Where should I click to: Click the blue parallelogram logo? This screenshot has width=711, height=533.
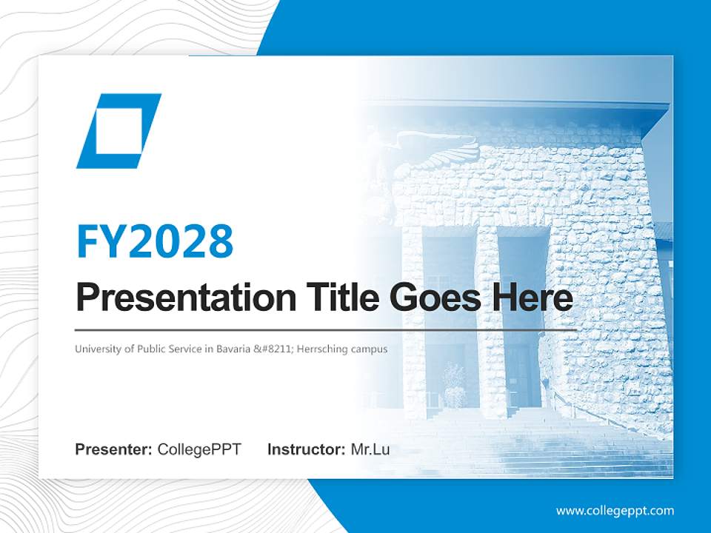[118, 130]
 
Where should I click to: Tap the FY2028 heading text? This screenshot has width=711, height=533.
[155, 241]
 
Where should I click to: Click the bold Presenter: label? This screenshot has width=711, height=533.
[114, 449]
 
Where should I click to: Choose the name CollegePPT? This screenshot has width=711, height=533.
[199, 449]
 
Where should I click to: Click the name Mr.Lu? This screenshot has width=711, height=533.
[370, 449]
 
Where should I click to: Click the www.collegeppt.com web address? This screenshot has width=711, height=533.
[615, 510]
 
